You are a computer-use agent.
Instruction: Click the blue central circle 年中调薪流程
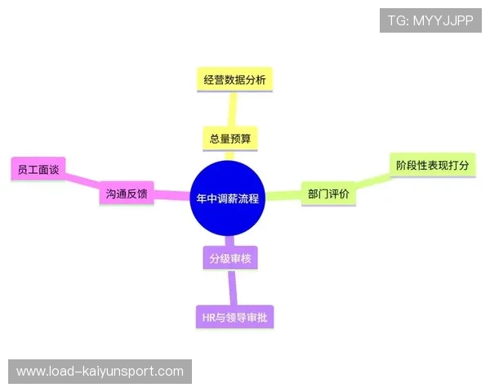click(x=229, y=198)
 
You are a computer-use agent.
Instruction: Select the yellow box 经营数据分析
click(x=234, y=79)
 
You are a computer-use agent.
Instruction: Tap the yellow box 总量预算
click(x=229, y=138)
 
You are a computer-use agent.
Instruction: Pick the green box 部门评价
click(x=328, y=194)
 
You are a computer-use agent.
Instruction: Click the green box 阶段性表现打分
click(x=432, y=165)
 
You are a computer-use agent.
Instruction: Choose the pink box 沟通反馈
click(x=127, y=194)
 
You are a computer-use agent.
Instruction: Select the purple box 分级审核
click(x=229, y=259)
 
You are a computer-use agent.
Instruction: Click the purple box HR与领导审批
click(x=234, y=317)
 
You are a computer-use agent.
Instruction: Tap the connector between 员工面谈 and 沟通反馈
click(x=82, y=181)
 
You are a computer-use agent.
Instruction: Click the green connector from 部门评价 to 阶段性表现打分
click(x=372, y=180)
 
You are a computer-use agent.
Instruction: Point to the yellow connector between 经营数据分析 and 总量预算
click(x=232, y=109)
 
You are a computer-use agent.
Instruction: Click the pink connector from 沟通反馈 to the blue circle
click(x=171, y=195)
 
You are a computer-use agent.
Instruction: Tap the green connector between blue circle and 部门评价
click(x=284, y=195)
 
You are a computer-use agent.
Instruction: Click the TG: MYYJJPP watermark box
click(x=430, y=20)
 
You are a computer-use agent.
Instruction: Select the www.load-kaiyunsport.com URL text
click(x=100, y=372)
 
